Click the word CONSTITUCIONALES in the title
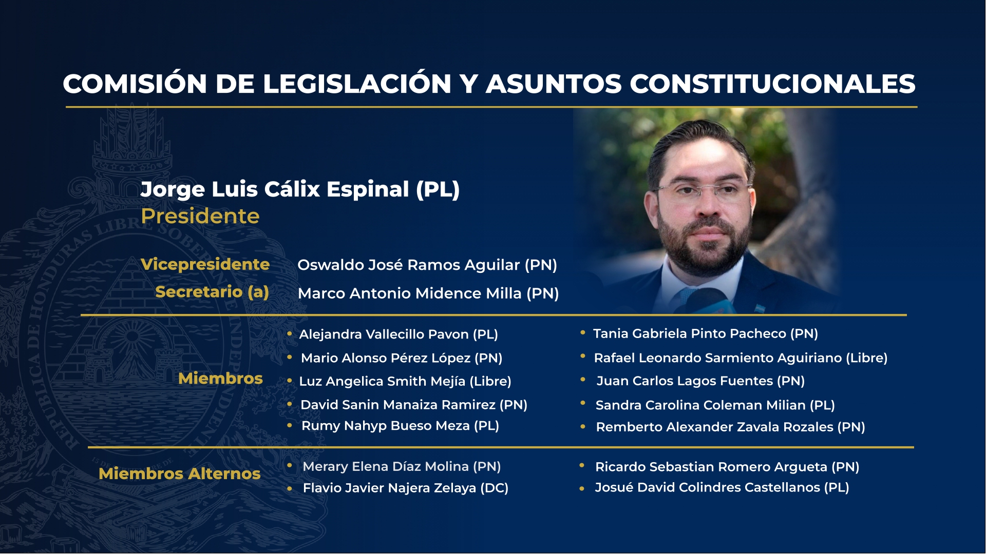point(772,84)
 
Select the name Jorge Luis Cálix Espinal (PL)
point(300,189)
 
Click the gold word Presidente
point(200,216)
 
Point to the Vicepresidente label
point(205,264)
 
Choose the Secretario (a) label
point(212,292)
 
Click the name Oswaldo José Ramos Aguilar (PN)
point(427,265)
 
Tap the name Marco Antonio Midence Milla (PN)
point(428,293)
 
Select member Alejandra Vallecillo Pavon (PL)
point(399,334)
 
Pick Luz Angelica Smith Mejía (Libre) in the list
point(405,382)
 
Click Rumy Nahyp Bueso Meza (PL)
point(400,426)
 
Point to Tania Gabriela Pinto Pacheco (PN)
point(706,334)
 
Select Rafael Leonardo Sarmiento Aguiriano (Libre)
point(741,358)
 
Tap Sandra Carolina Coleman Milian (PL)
point(715,405)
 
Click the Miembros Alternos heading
point(180,473)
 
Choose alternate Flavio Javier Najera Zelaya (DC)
point(406,488)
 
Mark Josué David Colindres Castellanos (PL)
point(722,487)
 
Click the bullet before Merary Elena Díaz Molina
point(290,466)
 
